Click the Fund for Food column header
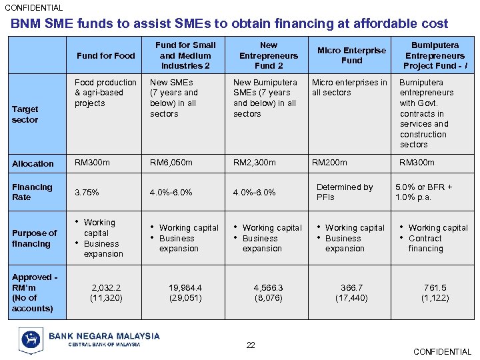(x=105, y=55)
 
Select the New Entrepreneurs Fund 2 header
(x=269, y=55)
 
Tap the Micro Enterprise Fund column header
(x=351, y=55)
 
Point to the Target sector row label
(x=25, y=114)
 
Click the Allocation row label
(x=33, y=163)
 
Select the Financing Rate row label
(x=32, y=192)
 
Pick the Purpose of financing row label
(x=35, y=238)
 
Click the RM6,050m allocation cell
(x=171, y=163)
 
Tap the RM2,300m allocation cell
(x=254, y=163)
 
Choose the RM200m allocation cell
(x=329, y=163)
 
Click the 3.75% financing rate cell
(x=87, y=192)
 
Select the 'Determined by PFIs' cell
(x=344, y=192)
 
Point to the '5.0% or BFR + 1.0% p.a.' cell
(x=424, y=192)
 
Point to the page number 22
(x=251, y=345)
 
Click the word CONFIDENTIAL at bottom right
(x=442, y=351)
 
